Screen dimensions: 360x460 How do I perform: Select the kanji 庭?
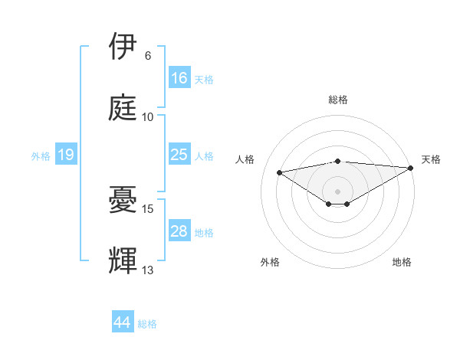coord(123,108)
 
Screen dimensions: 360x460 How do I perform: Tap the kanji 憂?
coord(123,200)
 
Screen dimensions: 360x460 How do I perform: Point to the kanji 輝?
coord(123,260)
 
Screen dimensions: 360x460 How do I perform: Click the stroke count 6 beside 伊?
coord(148,56)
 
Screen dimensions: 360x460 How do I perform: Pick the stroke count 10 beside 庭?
coord(148,117)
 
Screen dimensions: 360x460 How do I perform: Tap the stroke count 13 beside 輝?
coord(148,270)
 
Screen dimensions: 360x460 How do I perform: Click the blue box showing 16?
coord(179,78)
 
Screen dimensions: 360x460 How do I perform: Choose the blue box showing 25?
coord(179,155)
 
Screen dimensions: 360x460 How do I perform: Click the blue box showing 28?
coord(179,231)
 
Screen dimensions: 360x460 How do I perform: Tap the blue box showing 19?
coord(66,155)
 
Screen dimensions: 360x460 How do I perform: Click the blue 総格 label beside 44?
coord(147,324)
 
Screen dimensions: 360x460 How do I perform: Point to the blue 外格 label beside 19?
coord(41,156)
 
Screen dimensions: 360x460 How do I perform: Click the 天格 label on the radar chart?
coord(431,159)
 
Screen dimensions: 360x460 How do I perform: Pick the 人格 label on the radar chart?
coord(245,159)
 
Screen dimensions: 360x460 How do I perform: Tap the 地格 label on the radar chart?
coord(402,263)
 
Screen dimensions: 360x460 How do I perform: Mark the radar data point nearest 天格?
coord(412,168)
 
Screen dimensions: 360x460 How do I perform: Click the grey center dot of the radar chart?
coord(337,191)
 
